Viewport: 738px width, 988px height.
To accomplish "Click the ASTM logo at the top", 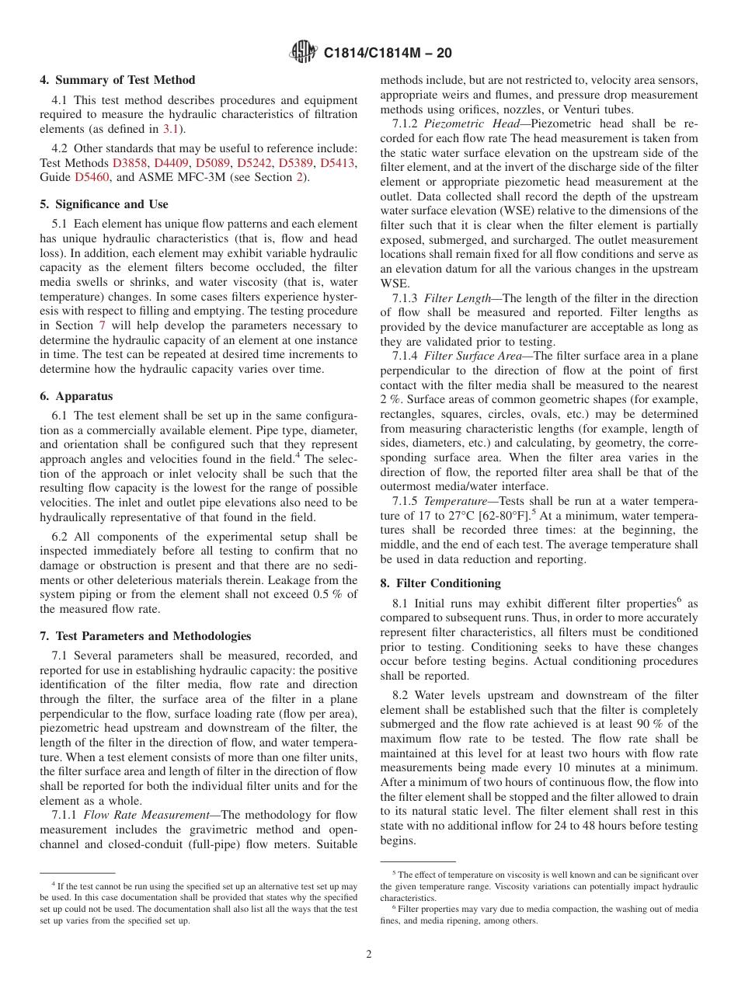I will point(302,52).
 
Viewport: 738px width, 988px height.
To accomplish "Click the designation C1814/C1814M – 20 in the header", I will point(387,53).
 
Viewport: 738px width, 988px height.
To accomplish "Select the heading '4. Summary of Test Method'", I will point(117,80).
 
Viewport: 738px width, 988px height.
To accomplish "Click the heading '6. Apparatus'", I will point(76,395).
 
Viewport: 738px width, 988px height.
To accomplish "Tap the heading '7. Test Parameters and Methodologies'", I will point(145,635).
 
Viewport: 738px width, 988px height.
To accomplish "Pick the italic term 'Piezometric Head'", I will point(459,124).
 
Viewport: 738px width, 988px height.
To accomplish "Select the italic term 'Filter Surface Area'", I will point(475,357).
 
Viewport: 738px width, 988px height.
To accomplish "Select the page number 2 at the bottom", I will point(369,955).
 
